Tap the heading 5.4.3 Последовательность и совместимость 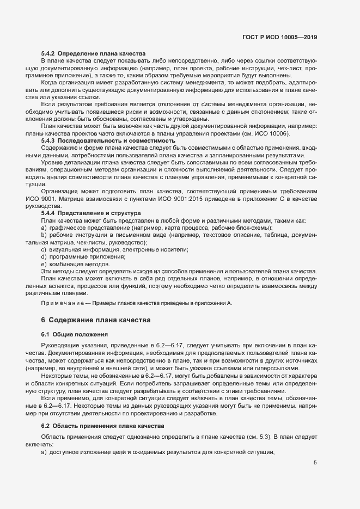(108, 140)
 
